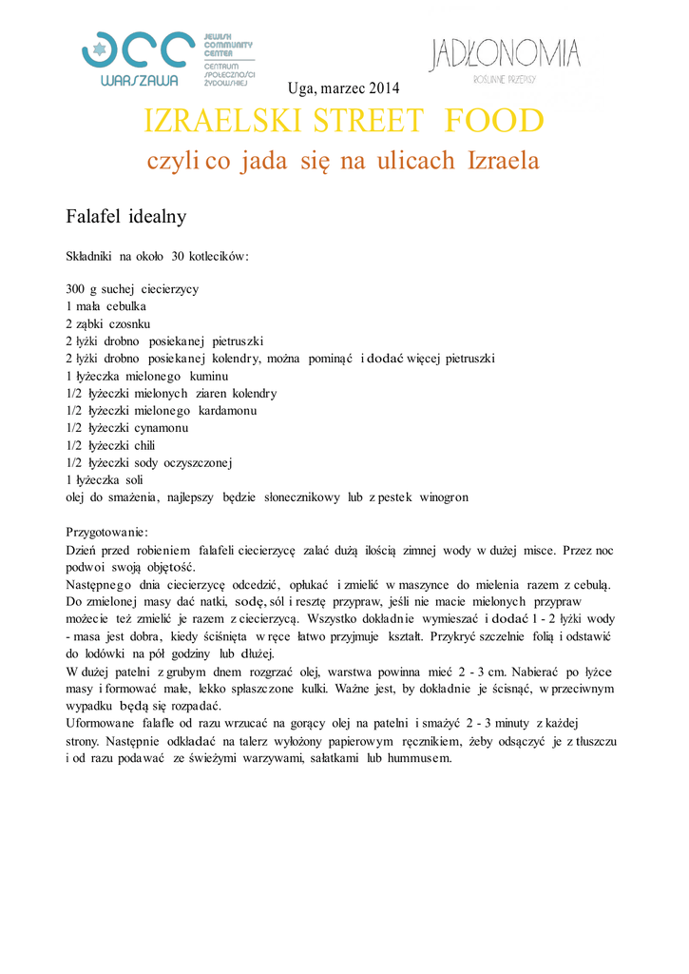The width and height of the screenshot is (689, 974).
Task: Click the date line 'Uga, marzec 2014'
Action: click(343, 88)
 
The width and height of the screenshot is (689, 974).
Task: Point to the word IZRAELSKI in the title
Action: click(205, 122)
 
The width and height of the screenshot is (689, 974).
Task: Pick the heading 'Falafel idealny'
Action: click(125, 217)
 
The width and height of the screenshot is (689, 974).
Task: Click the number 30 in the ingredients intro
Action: click(180, 257)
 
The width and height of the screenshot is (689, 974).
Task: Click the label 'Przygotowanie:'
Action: click(106, 532)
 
